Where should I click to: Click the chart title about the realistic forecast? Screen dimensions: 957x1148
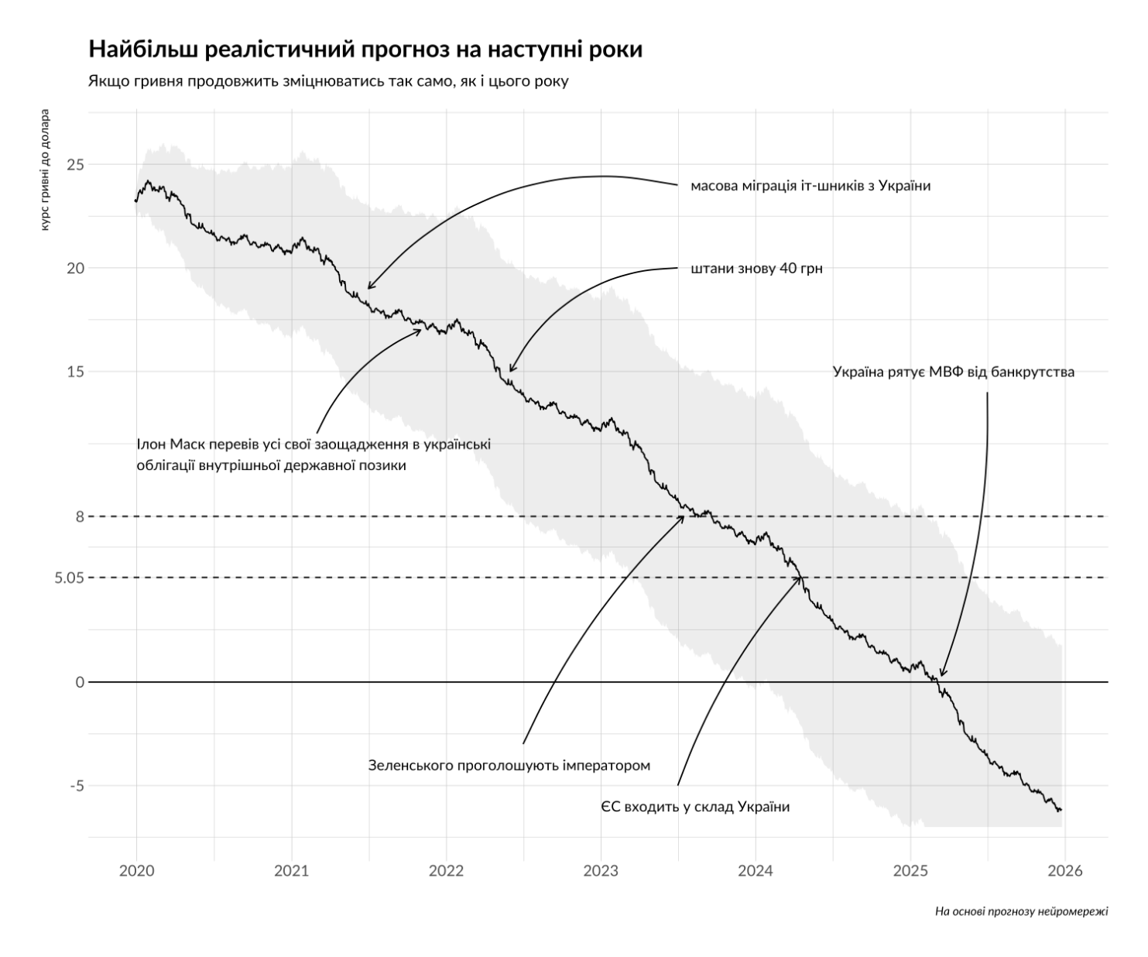coord(365,50)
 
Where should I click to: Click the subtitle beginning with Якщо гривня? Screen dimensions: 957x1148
coord(328,81)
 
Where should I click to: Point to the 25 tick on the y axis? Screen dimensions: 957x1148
coord(75,164)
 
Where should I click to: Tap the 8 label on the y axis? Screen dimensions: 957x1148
coord(80,516)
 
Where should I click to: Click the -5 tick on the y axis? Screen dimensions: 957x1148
coord(75,786)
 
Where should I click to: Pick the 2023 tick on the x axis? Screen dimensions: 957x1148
coord(601,871)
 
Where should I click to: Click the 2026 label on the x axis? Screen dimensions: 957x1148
coord(1064,871)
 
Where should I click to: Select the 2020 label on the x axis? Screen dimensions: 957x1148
coord(136,871)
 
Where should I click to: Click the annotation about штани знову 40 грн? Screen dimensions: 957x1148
coord(756,269)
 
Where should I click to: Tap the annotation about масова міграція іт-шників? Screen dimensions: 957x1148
coord(810,186)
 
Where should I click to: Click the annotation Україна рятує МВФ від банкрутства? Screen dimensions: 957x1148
coord(953,372)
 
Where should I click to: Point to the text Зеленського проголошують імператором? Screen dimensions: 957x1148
coord(509,766)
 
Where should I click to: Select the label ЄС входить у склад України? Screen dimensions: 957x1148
coord(695,807)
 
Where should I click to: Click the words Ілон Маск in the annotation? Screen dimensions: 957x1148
coord(169,444)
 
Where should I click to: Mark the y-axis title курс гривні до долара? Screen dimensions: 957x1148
coord(46,174)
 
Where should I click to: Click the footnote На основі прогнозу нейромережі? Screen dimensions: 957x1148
coord(1021,911)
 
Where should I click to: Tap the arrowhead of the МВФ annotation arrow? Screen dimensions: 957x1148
coord(941,676)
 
